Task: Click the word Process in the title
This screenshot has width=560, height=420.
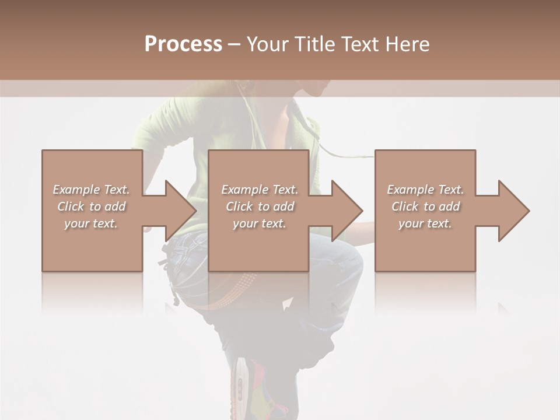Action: (x=183, y=44)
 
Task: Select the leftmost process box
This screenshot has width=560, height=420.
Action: (x=92, y=245)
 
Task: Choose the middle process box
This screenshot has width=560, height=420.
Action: (x=258, y=245)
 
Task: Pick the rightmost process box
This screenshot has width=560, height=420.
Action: (x=425, y=245)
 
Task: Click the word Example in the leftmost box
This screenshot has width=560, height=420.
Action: (x=76, y=190)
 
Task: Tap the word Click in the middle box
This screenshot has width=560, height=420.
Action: (x=239, y=206)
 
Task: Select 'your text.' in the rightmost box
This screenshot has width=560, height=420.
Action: (x=425, y=223)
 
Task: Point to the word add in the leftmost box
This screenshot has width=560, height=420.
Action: (x=114, y=206)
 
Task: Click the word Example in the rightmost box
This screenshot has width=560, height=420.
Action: (x=410, y=190)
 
